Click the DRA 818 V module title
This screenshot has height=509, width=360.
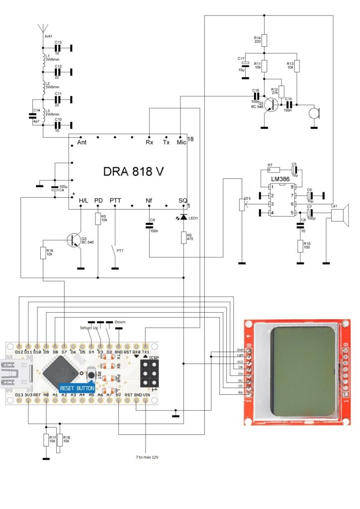134,171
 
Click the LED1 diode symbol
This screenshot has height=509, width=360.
184,217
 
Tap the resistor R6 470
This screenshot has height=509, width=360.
184,238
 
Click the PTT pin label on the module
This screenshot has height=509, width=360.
115,200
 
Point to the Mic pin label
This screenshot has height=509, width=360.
181,142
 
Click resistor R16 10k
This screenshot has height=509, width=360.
43,253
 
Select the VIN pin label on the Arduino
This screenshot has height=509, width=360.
145,395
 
